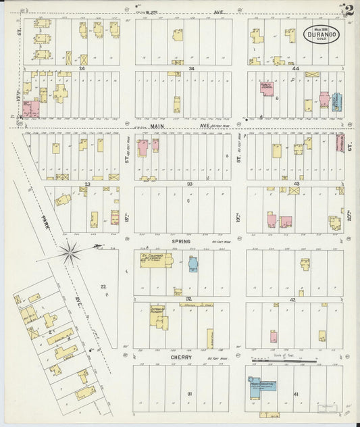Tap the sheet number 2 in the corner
[351, 10]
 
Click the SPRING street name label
[181, 241]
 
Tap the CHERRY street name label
[181, 357]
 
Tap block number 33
[191, 183]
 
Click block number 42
[292, 299]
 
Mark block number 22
[103, 287]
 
